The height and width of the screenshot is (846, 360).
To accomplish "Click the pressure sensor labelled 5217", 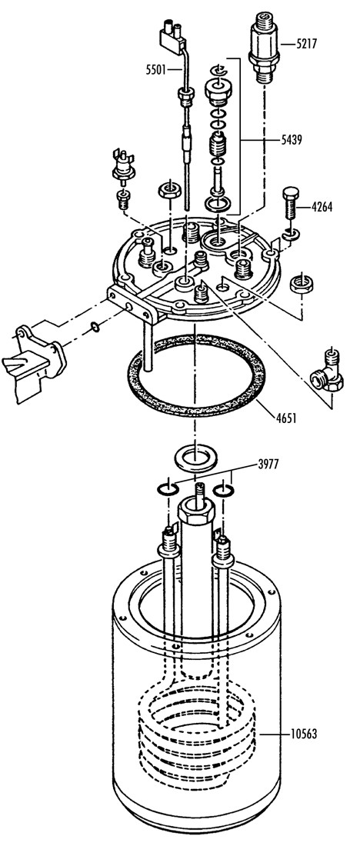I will (263, 45).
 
